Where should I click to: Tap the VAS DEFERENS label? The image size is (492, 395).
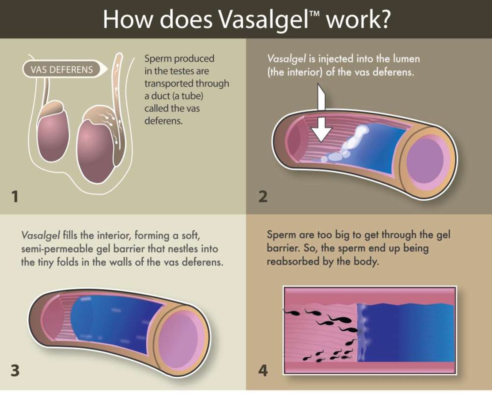(62, 70)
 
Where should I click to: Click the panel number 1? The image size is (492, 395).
(15, 197)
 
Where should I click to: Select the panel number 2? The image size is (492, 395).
(263, 196)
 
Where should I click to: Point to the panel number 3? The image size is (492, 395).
(15, 371)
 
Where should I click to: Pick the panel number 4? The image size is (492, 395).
(263, 371)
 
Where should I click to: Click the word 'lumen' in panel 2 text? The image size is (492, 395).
(406, 59)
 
